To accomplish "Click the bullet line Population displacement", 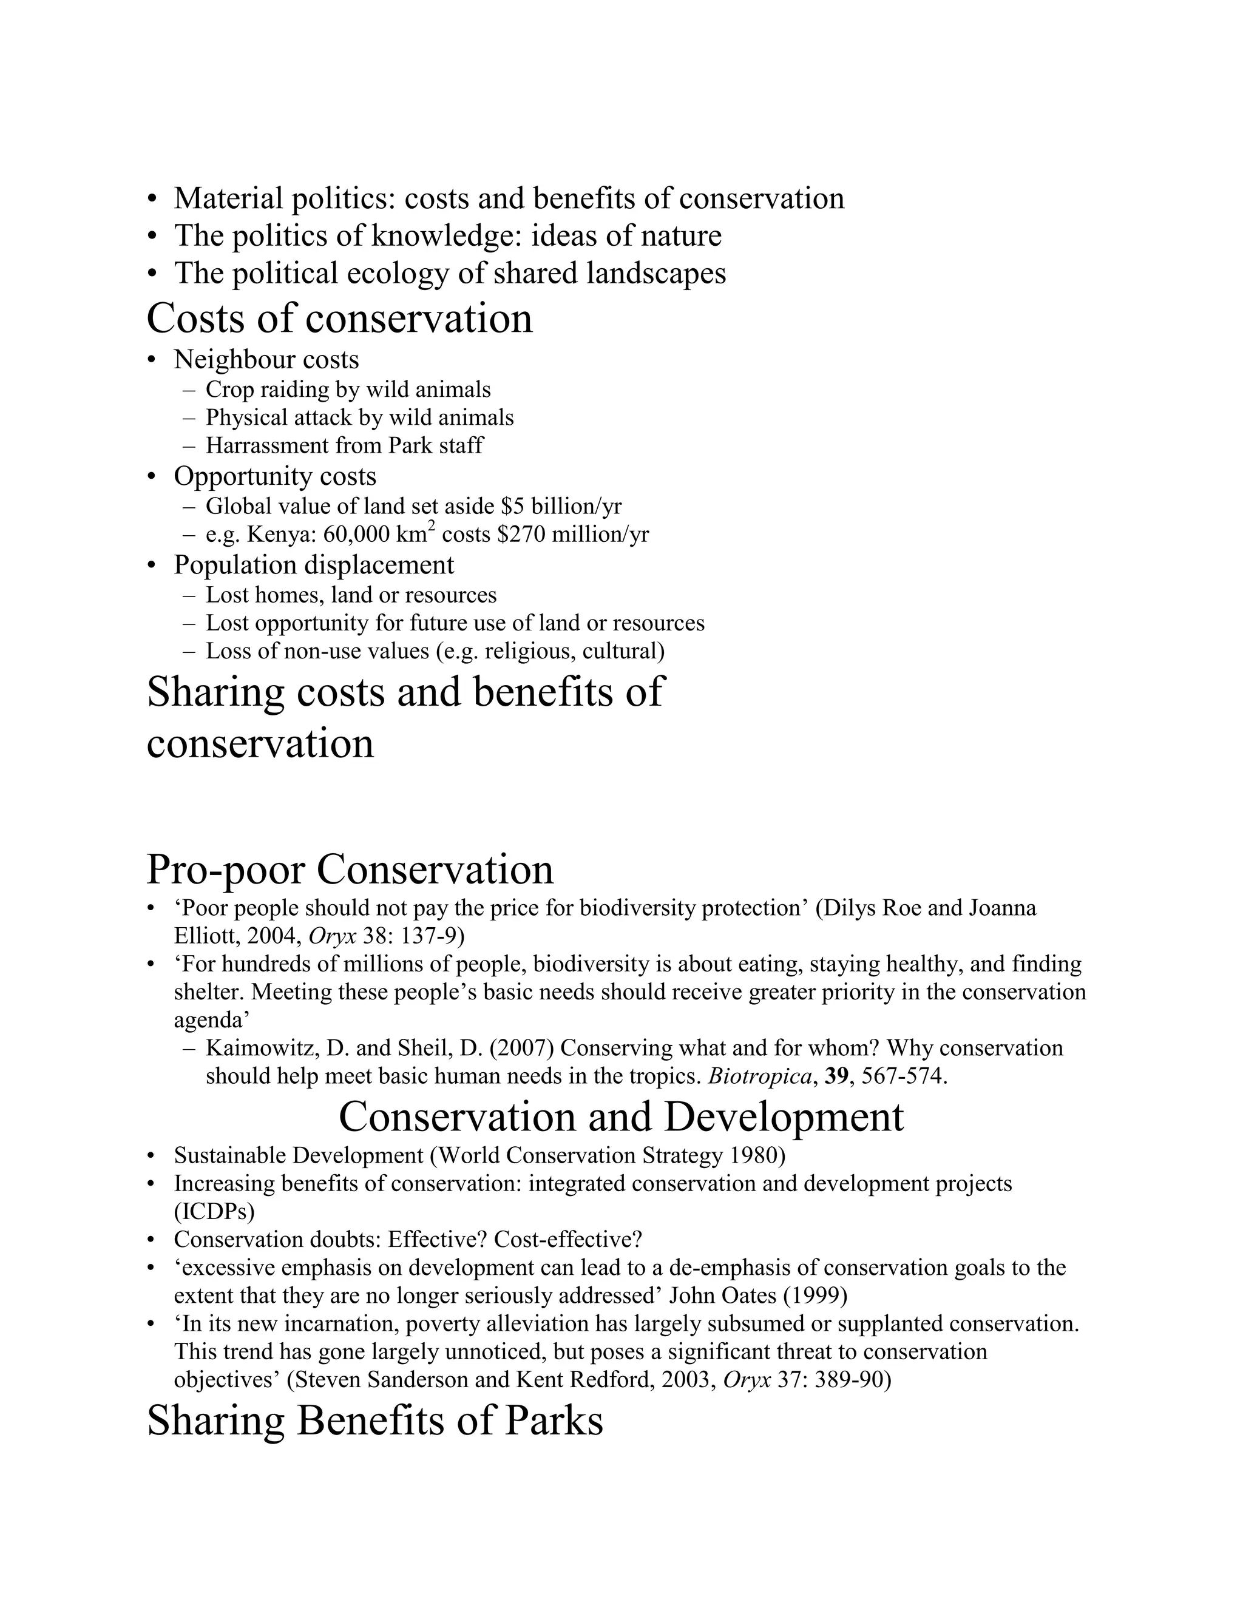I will pyautogui.click(x=314, y=565).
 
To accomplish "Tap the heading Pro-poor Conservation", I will pyautogui.click(x=350, y=870).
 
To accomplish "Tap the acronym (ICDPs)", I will pyautogui.click(x=214, y=1211).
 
